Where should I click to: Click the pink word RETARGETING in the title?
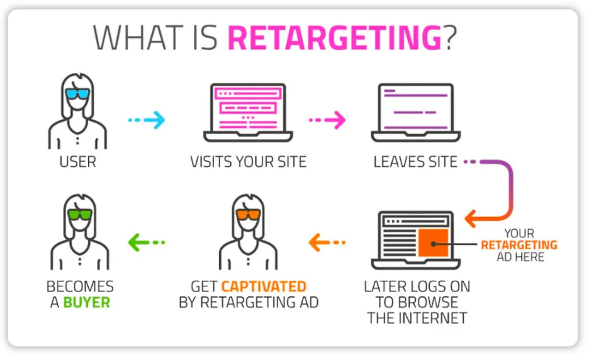334,38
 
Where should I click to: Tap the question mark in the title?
449,38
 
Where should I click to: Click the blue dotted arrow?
147,120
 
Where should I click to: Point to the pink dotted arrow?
327,119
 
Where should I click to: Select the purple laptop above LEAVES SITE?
415,110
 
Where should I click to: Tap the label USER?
78,162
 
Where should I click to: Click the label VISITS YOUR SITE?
248,162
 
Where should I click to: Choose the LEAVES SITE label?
415,162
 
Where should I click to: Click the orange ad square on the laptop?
432,243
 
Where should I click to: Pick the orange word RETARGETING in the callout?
519,245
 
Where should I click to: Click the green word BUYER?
86,303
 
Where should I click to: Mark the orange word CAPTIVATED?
264,287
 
